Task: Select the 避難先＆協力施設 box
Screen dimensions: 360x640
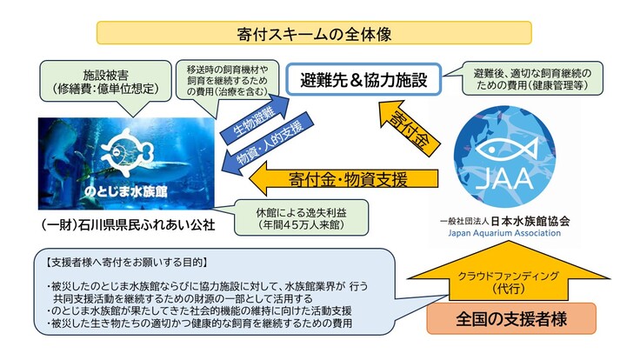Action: point(364,81)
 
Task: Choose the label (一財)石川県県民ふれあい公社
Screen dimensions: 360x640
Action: point(125,225)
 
